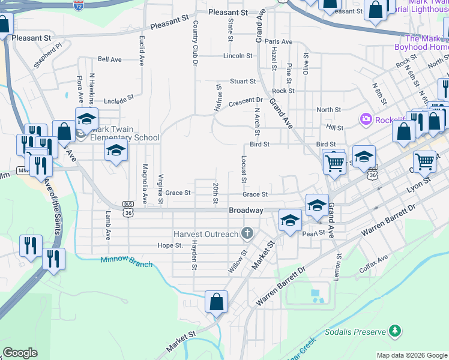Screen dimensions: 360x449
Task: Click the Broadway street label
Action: click(x=246, y=211)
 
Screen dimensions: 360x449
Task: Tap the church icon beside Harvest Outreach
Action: click(x=247, y=233)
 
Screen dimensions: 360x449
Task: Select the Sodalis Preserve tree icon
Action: click(x=394, y=331)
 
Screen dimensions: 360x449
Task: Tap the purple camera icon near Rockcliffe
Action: click(x=365, y=119)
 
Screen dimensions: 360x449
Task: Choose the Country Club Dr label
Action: click(x=196, y=42)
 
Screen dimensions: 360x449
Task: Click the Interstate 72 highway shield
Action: click(x=79, y=6)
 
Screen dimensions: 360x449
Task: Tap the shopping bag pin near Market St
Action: click(x=216, y=302)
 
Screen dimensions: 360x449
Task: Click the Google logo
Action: click(x=20, y=353)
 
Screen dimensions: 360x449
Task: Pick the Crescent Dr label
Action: click(x=246, y=100)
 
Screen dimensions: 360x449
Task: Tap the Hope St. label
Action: click(x=170, y=245)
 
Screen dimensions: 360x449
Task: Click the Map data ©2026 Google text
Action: click(x=411, y=355)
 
